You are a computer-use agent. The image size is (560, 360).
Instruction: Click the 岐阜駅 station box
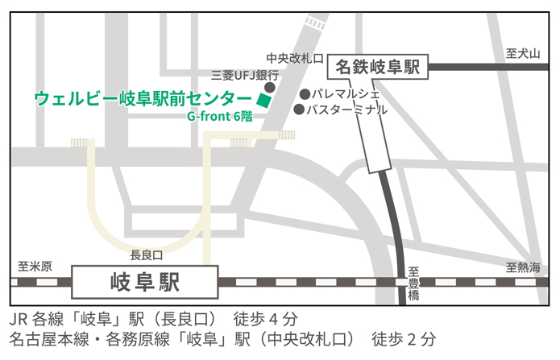click(x=145, y=282)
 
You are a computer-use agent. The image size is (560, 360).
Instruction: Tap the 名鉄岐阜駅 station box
click(x=379, y=67)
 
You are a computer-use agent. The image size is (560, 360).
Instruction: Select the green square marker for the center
click(x=263, y=100)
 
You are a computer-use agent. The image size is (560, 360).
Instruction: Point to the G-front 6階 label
click(x=220, y=116)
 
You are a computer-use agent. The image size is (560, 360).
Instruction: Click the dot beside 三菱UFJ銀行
click(x=270, y=86)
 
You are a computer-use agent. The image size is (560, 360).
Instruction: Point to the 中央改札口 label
click(x=295, y=58)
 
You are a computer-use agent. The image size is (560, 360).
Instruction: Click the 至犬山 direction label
click(x=521, y=53)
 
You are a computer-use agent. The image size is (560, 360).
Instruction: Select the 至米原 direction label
click(x=35, y=267)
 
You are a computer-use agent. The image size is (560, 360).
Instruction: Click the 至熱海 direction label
click(x=523, y=267)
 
